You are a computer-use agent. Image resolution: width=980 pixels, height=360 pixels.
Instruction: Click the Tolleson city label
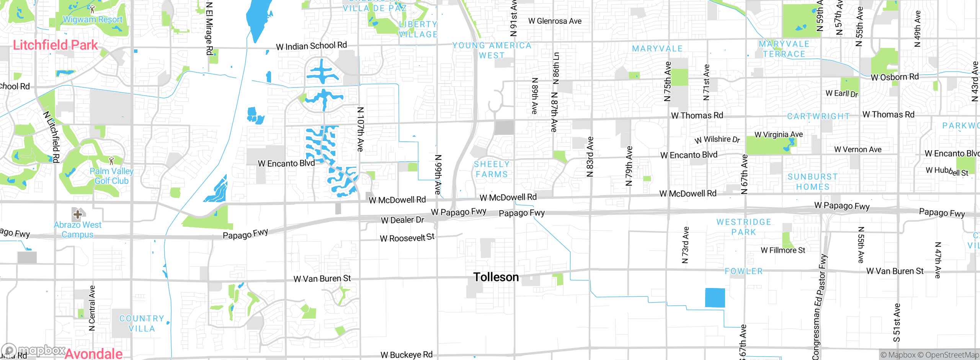click(496, 277)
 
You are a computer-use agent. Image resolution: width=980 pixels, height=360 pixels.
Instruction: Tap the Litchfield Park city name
click(56, 45)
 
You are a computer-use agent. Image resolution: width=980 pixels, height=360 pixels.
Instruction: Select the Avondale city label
click(93, 353)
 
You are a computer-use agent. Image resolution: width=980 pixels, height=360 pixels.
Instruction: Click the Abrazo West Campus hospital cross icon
click(77, 214)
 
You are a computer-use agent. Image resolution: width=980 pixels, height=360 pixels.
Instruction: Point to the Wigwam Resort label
click(93, 19)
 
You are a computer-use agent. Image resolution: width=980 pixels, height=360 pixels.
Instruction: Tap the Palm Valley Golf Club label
click(111, 176)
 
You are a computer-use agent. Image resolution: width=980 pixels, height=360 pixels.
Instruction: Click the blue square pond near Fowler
click(715, 298)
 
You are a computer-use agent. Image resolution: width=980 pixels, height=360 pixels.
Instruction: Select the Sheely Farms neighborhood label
click(492, 169)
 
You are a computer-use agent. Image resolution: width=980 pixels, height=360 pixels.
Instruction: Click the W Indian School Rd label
click(311, 46)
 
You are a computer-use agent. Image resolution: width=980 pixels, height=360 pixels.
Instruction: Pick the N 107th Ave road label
click(360, 129)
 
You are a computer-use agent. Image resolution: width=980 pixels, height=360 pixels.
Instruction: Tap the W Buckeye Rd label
click(406, 355)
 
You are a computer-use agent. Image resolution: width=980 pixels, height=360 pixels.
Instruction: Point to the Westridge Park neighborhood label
click(743, 227)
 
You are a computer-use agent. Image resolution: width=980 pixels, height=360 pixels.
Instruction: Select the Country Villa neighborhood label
click(142, 323)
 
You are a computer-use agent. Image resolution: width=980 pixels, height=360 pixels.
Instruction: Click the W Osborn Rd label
click(894, 77)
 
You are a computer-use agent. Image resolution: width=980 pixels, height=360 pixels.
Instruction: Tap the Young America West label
click(492, 50)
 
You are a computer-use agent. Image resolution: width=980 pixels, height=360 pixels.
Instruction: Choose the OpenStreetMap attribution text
click(951, 355)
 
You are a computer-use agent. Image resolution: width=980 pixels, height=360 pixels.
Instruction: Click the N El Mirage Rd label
click(209, 29)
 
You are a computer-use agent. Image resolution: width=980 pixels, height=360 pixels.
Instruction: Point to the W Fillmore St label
click(783, 250)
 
